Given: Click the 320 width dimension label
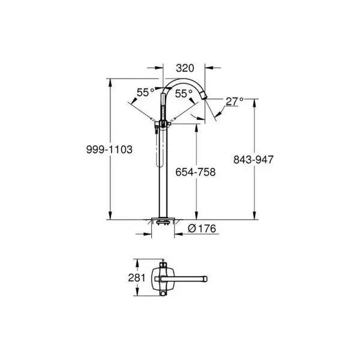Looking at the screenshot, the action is click(185, 68).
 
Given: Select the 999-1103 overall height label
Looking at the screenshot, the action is click(109, 149).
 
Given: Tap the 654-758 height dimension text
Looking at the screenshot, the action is click(196, 172).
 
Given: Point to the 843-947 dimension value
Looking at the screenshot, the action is click(253, 160).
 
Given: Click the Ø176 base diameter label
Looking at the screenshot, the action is click(202, 229).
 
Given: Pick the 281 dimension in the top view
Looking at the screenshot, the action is click(137, 278).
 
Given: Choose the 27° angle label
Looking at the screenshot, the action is click(235, 101).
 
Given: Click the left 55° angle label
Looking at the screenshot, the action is click(146, 92).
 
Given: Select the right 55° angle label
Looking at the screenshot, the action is click(184, 94).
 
